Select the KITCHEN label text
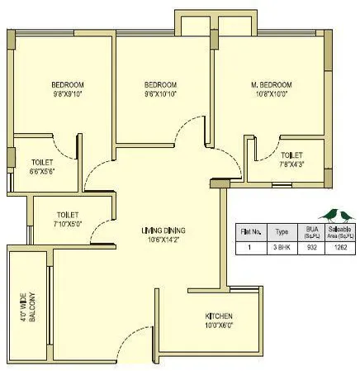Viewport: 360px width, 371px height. pyautogui.click(x=220, y=316)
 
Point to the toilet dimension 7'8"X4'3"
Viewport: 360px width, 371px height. pyautogui.click(x=291, y=164)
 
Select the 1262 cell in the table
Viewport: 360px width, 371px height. pyautogui.click(x=341, y=246)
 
